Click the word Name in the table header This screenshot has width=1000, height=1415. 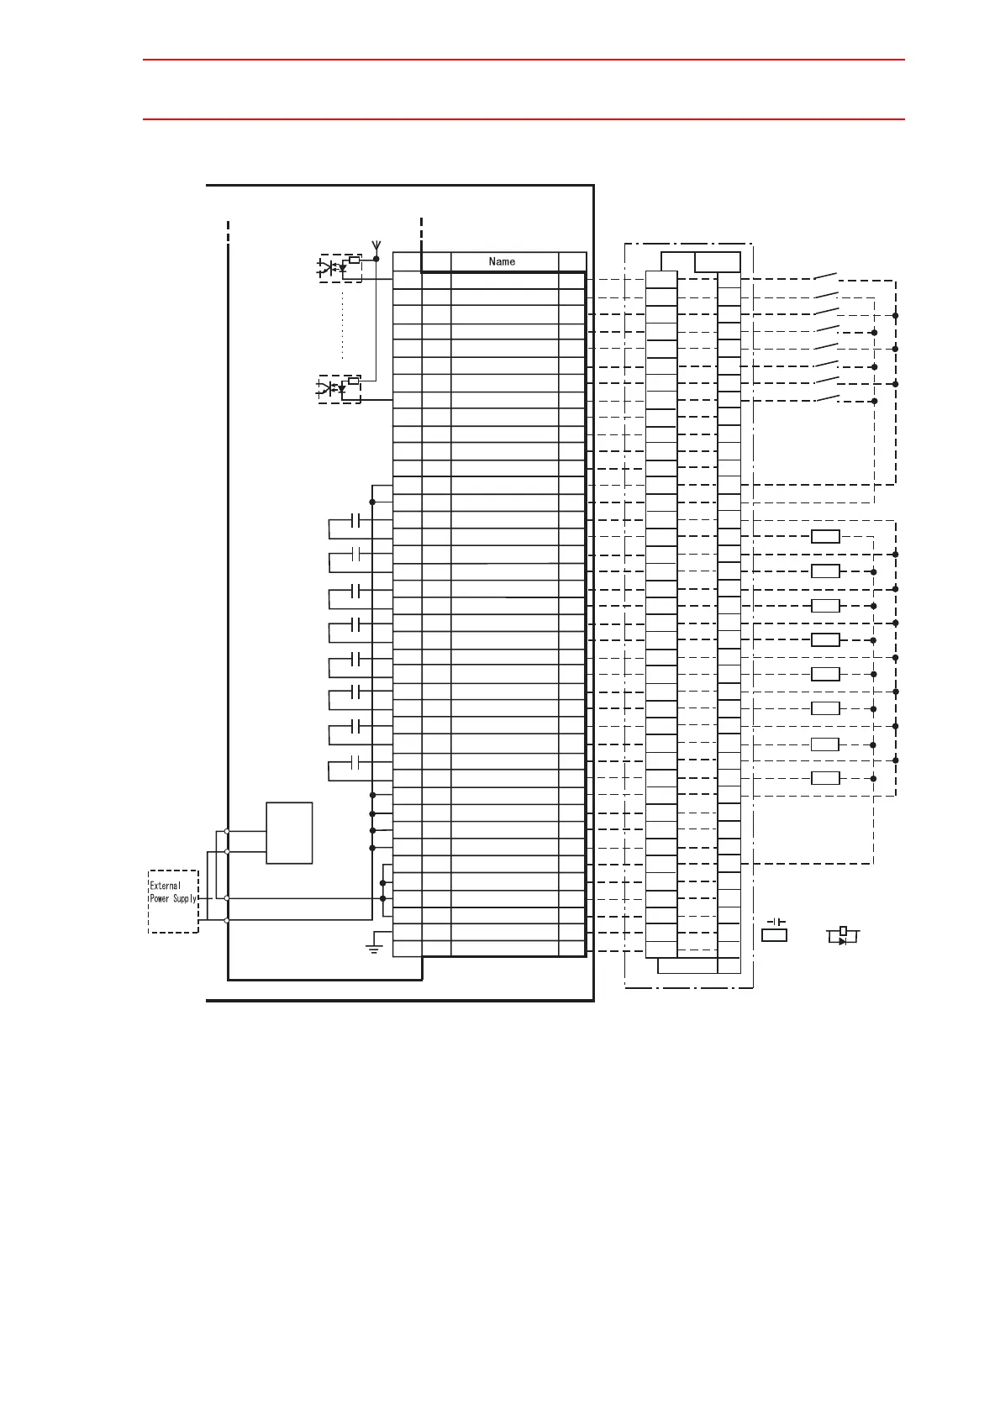click(x=502, y=261)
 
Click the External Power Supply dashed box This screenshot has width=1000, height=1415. click(x=173, y=901)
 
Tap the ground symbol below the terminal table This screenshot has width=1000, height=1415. click(x=374, y=949)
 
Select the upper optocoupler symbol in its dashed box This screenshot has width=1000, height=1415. click(x=339, y=267)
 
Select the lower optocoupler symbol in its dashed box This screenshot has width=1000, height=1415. click(x=339, y=388)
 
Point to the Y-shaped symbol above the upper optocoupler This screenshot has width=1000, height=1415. click(x=376, y=247)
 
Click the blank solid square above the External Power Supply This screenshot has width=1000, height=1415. click(x=289, y=832)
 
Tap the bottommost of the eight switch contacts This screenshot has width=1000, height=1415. click(x=825, y=397)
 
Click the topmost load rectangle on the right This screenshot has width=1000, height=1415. click(x=825, y=537)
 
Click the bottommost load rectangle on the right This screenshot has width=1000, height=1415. click(x=825, y=778)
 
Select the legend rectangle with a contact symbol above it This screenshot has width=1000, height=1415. click(x=774, y=935)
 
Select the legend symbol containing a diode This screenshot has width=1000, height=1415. click(x=843, y=936)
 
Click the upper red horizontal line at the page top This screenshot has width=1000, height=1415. click(x=523, y=60)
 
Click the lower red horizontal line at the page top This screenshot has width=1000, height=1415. click(x=523, y=119)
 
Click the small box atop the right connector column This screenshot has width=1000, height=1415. click(x=717, y=262)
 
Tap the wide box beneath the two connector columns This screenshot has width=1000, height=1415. click(x=687, y=965)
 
